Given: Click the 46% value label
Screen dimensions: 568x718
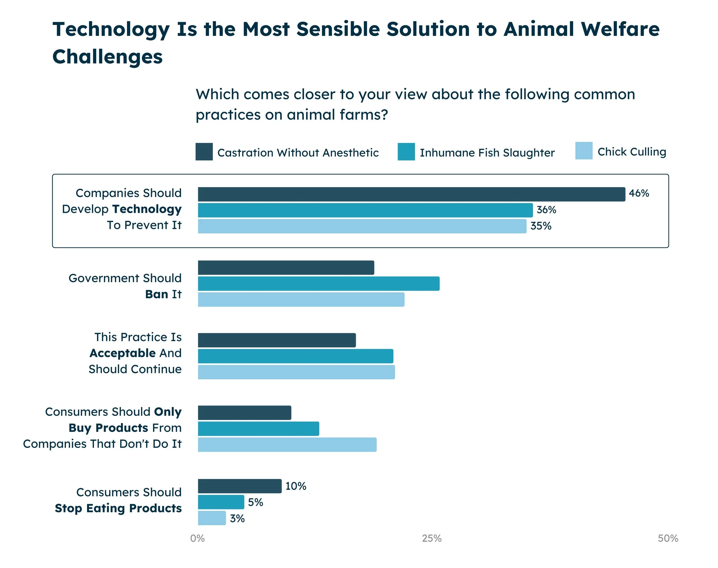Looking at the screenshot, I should point(638,193).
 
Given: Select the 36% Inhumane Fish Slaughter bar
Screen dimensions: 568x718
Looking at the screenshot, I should point(365,210).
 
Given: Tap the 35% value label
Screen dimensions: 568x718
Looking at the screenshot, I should point(541,226).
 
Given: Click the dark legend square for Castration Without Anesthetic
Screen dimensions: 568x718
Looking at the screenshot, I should point(204,152).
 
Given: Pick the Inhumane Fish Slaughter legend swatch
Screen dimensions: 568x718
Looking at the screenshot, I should point(406,152).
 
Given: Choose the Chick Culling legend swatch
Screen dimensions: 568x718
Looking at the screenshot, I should point(583,151).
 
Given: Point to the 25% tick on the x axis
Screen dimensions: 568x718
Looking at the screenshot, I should point(431,538).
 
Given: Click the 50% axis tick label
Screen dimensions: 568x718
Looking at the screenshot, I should point(667,538).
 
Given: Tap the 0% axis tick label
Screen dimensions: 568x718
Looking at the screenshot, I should point(197,538).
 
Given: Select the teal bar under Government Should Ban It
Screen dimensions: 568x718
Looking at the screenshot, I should point(318,284).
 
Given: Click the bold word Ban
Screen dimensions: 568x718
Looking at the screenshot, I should point(156,294).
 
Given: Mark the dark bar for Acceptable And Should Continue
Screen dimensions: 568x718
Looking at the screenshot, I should point(276,340).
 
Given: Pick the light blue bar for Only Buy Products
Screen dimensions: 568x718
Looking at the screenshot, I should point(287,445).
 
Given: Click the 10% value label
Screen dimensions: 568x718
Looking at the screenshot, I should point(295,486).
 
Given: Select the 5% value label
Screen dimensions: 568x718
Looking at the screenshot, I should point(255,502).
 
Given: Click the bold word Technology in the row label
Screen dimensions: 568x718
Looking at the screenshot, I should point(147,209).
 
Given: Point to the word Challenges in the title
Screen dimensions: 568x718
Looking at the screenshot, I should point(107,57).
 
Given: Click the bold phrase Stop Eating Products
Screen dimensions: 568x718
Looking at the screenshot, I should point(118,508).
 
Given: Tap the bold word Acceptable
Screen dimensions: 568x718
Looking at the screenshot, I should point(122,353).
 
